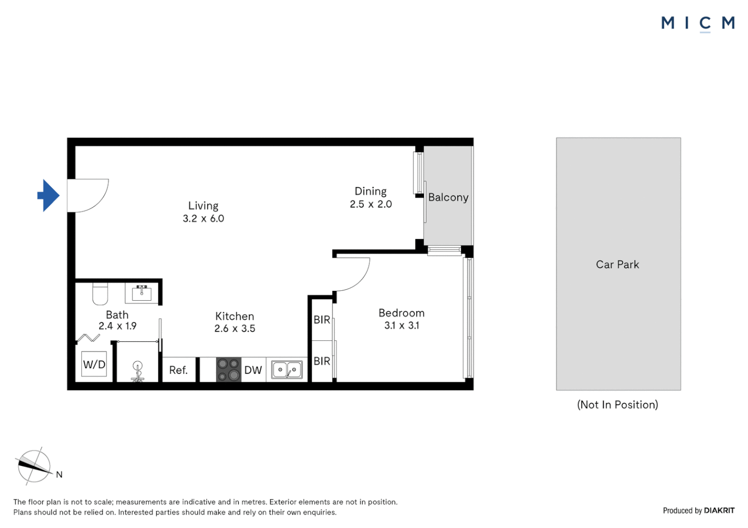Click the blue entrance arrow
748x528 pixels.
click(x=48, y=196)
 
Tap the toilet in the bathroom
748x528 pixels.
click(x=100, y=293)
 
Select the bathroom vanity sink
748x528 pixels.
click(x=141, y=293)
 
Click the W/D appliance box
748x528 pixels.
click(x=94, y=364)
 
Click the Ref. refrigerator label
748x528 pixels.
click(x=178, y=370)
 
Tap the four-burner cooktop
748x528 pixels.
click(x=229, y=370)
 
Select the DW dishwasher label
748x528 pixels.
click(x=253, y=370)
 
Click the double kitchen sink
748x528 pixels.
click(x=287, y=370)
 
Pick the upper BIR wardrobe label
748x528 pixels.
click(x=322, y=320)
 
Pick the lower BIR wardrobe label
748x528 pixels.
click(x=322, y=361)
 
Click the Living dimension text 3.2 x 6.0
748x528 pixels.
click(x=203, y=219)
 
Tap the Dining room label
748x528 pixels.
click(x=371, y=191)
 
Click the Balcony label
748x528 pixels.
click(x=448, y=198)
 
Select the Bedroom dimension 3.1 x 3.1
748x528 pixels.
click(x=401, y=326)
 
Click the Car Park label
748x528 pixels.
click(x=617, y=264)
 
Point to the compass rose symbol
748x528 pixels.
click(x=34, y=466)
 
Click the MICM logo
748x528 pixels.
click(x=698, y=23)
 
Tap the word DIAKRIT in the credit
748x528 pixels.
click(x=719, y=510)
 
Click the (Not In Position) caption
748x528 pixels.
click(x=617, y=405)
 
